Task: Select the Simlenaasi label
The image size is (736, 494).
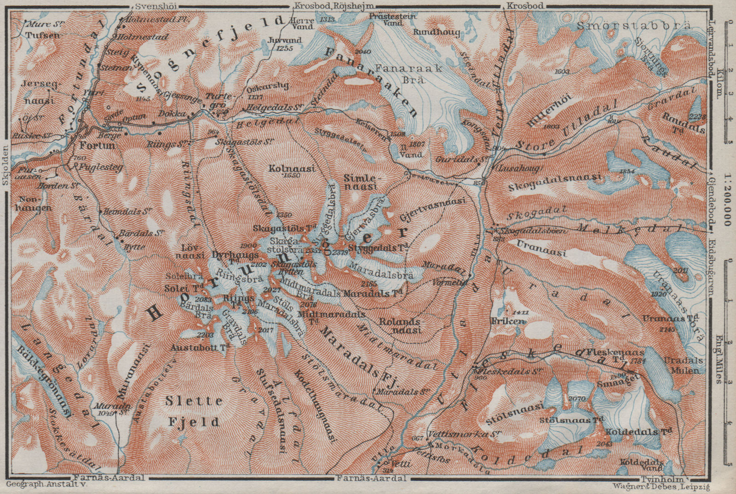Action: pyautogui.click(x=360, y=181)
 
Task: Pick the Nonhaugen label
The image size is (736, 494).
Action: pyautogui.click(x=35, y=203)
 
